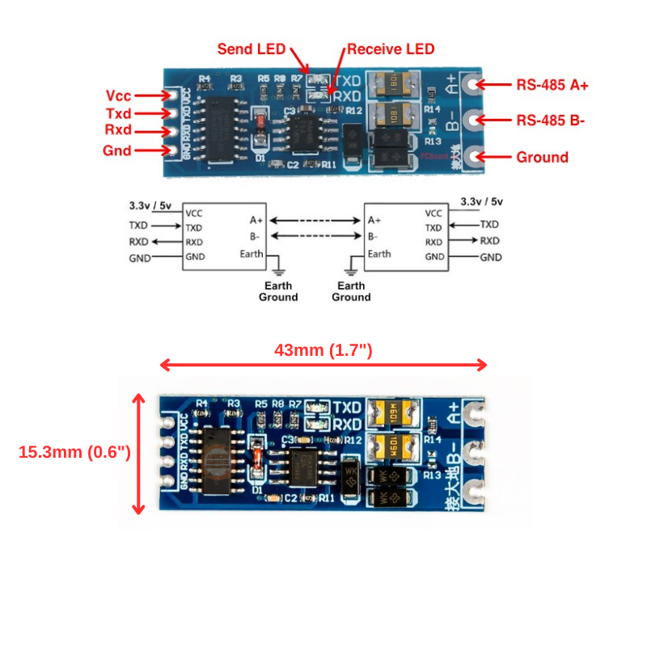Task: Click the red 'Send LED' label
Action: point(251,49)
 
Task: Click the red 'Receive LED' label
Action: point(391,49)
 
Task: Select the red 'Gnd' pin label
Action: point(117,150)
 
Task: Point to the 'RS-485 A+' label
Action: point(552,84)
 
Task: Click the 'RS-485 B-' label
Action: point(551,121)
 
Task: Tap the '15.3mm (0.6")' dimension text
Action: point(74,452)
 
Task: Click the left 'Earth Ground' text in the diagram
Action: point(277,291)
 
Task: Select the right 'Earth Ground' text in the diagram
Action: point(351,291)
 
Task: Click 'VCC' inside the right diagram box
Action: point(433,214)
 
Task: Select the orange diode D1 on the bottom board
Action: point(257,462)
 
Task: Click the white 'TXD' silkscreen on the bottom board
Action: point(347,407)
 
